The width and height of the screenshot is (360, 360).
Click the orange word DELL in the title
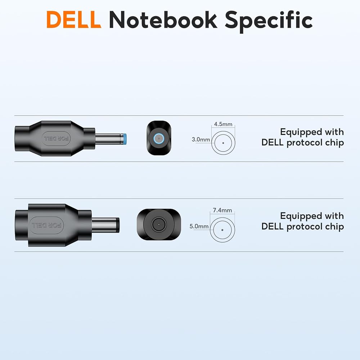click(x=74, y=19)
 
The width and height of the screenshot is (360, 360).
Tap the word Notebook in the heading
click(x=163, y=19)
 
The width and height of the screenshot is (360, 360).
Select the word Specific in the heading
click(x=269, y=21)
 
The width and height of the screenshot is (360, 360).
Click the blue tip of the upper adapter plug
click(x=125, y=139)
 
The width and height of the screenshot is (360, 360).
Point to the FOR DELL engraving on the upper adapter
click(x=56, y=139)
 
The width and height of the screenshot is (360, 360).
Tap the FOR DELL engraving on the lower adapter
click(x=46, y=225)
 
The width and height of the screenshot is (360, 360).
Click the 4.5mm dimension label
click(x=223, y=124)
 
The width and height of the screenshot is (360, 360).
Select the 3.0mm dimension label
click(x=201, y=139)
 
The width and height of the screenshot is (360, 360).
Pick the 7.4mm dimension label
click(x=222, y=210)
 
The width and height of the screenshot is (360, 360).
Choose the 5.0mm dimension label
click(x=199, y=226)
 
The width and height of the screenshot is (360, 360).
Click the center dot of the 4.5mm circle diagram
click(x=223, y=143)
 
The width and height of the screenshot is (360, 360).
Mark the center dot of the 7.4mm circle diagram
click(x=222, y=230)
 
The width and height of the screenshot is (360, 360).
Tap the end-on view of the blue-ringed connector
click(x=159, y=138)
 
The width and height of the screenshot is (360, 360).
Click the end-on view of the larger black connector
click(x=159, y=224)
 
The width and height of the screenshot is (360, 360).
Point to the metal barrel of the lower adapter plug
click(x=105, y=225)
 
